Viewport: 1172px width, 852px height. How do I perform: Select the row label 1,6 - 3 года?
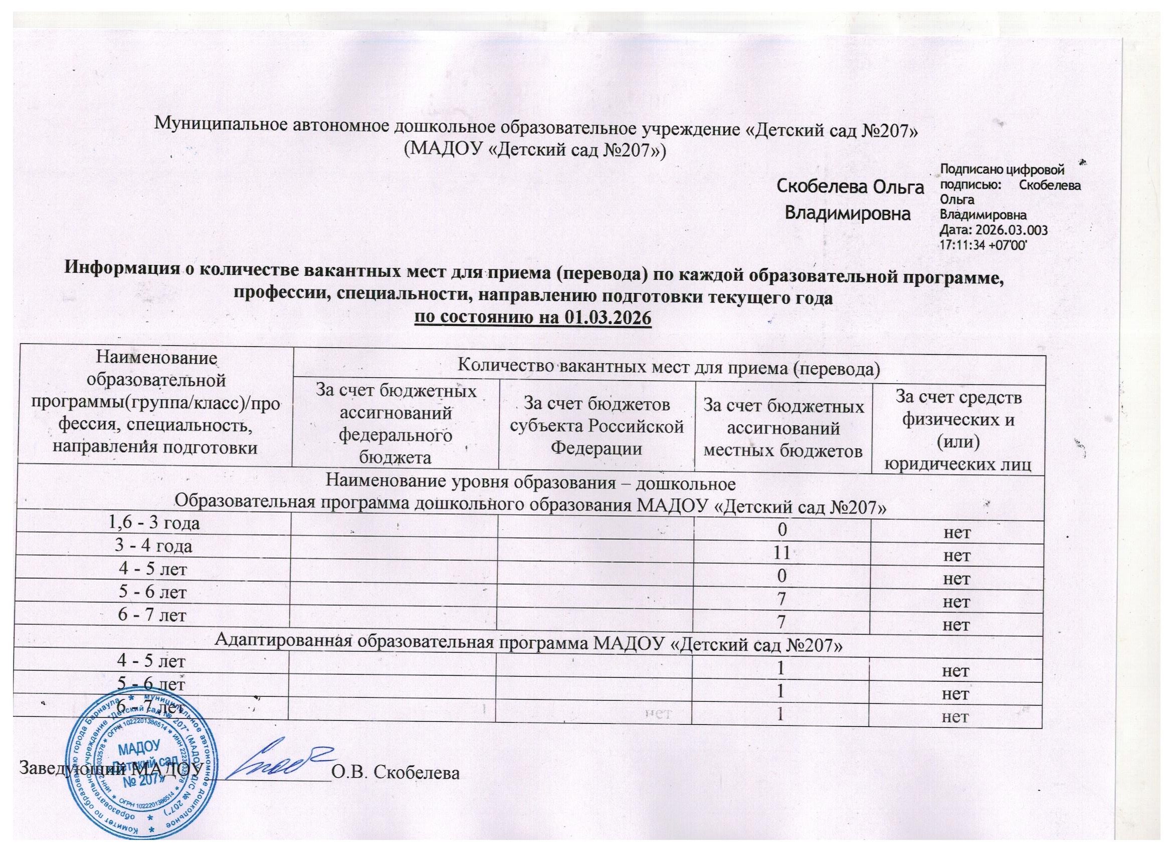(x=153, y=523)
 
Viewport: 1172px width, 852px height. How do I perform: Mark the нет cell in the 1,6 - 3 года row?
(x=957, y=532)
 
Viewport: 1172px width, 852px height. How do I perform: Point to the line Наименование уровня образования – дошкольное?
(x=530, y=483)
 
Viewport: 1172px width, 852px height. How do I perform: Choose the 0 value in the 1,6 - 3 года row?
(x=783, y=530)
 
